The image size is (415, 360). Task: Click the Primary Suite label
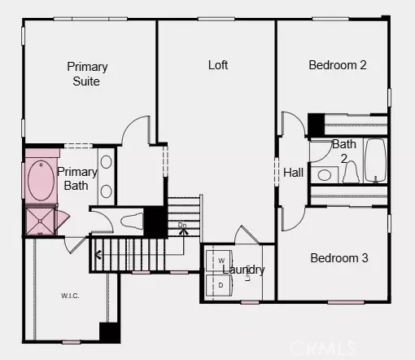[87, 73]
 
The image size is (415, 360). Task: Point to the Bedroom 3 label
[339, 258]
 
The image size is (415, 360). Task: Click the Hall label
[293, 173]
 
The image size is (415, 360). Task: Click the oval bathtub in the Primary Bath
[39, 181]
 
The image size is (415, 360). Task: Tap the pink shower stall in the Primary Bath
[38, 221]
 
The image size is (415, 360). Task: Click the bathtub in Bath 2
[375, 160]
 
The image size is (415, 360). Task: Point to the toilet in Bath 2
[350, 173]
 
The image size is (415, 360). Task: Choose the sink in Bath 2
[323, 173]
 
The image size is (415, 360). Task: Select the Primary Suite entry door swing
[138, 130]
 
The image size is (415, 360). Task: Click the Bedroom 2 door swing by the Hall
[291, 125]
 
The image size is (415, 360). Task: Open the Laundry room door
[247, 234]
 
